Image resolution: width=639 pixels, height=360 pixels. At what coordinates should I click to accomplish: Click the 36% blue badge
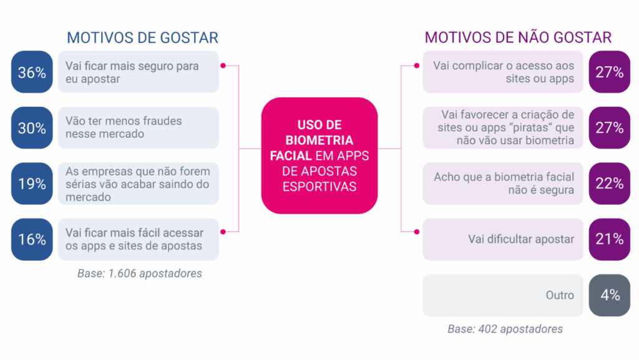click(x=32, y=72)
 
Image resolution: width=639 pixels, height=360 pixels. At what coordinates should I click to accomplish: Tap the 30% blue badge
click(x=32, y=128)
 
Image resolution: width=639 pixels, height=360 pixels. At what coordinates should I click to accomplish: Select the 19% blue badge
click(x=32, y=183)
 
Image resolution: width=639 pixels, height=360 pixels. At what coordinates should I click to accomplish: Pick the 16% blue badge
click(x=32, y=240)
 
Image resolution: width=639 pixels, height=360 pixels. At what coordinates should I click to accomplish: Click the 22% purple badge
click(x=609, y=183)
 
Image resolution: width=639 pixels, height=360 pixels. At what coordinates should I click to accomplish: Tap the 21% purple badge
click(x=609, y=240)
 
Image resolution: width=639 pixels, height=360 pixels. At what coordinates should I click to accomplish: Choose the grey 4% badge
click(x=609, y=295)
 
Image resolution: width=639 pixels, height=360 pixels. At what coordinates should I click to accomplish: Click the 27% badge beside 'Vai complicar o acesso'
click(x=609, y=72)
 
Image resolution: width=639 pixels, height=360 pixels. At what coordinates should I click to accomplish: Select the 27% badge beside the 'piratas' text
click(x=609, y=128)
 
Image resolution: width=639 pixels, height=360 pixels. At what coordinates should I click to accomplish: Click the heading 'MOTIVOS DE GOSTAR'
click(x=143, y=38)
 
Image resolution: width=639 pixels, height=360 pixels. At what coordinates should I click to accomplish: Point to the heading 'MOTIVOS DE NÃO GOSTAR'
click(x=518, y=37)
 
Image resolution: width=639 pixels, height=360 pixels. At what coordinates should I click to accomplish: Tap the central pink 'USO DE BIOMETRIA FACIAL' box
click(x=319, y=155)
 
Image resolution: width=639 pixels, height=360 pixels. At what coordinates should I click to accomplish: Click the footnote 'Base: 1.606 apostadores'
click(x=140, y=273)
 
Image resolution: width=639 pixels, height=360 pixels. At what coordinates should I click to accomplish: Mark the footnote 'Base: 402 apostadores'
click(x=505, y=329)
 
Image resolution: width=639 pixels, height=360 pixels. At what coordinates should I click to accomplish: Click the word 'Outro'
click(x=560, y=295)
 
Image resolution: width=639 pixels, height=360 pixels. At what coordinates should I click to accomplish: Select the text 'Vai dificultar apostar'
click(x=521, y=239)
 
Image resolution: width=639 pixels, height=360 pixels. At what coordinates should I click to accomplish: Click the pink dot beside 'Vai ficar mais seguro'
click(x=223, y=66)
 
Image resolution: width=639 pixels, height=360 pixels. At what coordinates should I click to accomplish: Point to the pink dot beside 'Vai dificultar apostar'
click(x=416, y=231)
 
